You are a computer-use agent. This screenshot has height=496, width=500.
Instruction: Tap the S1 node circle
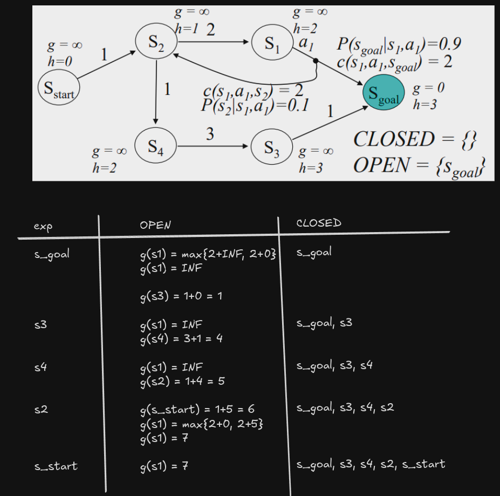[x=272, y=44]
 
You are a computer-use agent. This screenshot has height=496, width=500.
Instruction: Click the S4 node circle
[x=155, y=145]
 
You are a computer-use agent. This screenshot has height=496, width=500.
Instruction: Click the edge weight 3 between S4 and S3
[x=209, y=134]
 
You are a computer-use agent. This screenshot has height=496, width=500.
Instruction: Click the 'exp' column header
[x=43, y=227]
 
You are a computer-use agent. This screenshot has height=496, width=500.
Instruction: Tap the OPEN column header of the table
[x=155, y=225]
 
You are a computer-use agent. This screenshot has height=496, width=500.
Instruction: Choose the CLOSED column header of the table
[x=319, y=223]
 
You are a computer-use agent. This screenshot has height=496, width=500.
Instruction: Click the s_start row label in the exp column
[x=55, y=466]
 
